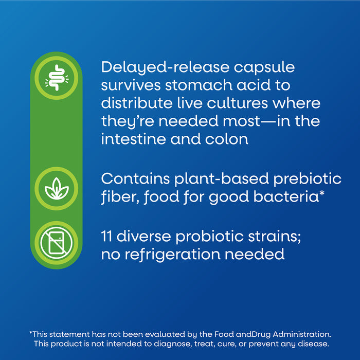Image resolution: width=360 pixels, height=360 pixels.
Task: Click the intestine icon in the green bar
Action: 57,78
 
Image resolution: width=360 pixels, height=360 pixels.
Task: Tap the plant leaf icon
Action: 57,189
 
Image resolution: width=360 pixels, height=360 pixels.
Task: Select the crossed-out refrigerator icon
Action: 56,243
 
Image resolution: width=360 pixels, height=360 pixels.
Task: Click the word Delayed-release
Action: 165,68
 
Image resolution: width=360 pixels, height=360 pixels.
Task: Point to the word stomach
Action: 199,85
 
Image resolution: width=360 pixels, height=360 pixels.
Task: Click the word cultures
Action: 237,103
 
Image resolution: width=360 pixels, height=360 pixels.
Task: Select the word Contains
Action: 135,178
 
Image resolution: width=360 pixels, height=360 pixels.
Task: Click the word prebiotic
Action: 307,179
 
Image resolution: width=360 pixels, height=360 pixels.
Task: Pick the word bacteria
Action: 286,197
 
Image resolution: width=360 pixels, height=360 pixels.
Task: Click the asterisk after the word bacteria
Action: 321,193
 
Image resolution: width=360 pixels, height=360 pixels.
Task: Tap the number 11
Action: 106,236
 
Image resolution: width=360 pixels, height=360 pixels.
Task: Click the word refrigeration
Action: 172,255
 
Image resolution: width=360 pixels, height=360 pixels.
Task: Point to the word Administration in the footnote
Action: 302,334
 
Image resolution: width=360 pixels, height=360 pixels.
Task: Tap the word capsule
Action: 264,68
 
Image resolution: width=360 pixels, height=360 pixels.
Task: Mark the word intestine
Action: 133,139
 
